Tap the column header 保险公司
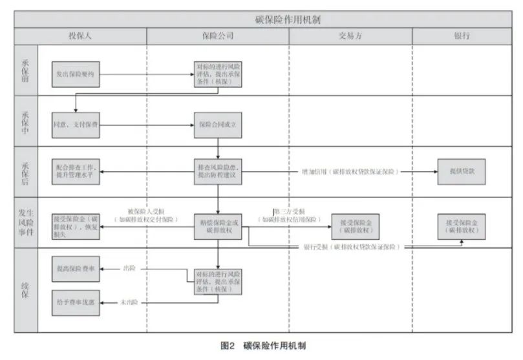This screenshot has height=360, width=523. [x=217, y=36]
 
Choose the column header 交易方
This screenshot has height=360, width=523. [x=350, y=36]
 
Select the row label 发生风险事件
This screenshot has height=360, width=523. [x=25, y=222]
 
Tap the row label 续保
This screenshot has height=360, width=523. [x=25, y=290]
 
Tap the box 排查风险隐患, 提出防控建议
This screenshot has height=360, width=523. [x=218, y=171]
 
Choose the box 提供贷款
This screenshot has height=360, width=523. [x=461, y=171]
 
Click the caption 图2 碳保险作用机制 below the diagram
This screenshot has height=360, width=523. [x=262, y=346]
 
